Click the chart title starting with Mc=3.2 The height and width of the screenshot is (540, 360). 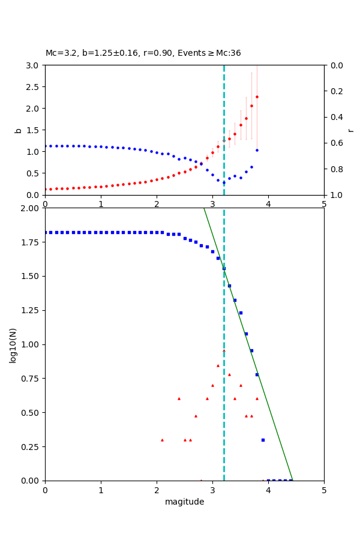click(x=143, y=53)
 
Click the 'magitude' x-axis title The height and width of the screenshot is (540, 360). click(x=184, y=502)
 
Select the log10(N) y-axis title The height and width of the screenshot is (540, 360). click(x=13, y=344)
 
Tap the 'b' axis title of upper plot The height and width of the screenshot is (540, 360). click(x=18, y=130)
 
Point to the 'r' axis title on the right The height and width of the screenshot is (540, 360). click(x=350, y=130)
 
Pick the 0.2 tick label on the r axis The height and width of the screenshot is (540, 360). click(x=333, y=91)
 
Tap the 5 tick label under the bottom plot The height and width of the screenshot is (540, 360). click(x=324, y=489)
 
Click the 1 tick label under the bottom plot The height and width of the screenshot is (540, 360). click(x=101, y=489)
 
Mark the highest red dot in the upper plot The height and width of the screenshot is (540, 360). click(x=257, y=97)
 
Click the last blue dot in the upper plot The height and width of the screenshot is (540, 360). click(x=257, y=150)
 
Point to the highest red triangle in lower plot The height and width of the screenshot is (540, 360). click(x=224, y=350)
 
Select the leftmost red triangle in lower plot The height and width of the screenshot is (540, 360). click(x=162, y=440)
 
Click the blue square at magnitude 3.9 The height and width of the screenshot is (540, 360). click(x=263, y=440)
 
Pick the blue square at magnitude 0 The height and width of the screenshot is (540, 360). click(x=45, y=232)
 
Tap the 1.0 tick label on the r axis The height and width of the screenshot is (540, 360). click(x=333, y=195)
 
